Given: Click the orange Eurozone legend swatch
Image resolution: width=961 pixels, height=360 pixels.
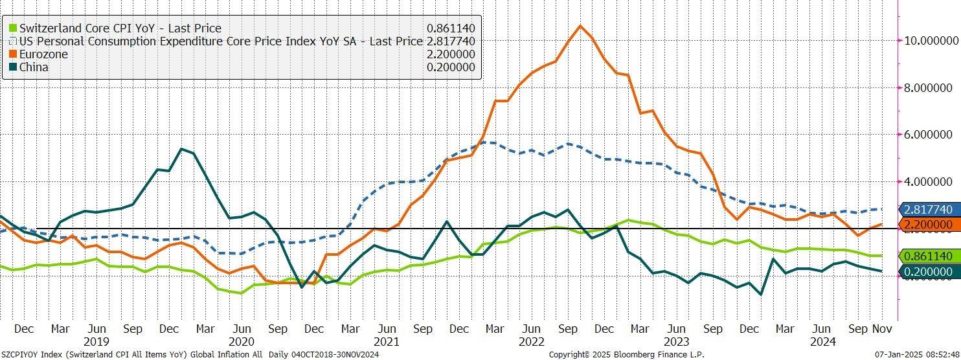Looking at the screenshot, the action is click(13, 54).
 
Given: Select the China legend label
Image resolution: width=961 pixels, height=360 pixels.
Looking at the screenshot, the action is click(34, 67).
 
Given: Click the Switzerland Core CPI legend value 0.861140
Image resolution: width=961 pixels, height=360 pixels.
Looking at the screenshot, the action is click(451, 28).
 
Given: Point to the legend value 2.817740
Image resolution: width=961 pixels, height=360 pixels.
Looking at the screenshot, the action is click(451, 41).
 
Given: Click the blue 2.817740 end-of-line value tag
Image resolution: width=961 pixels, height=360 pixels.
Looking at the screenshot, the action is click(927, 209).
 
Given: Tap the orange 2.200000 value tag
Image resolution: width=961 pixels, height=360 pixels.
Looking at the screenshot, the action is click(927, 225).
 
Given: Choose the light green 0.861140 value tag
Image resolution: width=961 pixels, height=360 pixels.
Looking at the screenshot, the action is click(927, 256).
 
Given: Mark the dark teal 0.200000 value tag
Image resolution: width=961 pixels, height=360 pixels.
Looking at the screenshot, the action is click(927, 271).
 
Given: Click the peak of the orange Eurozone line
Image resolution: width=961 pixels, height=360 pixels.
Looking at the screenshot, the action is click(580, 26).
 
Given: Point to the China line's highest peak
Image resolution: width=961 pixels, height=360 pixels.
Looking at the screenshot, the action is click(181, 149).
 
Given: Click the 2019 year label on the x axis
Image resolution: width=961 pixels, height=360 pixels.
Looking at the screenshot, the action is click(96, 342).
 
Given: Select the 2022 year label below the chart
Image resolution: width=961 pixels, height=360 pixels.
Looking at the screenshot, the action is click(532, 342).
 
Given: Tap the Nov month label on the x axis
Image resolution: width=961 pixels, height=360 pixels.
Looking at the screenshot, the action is click(883, 329).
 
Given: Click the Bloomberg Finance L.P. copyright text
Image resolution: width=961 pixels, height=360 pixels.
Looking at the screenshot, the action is click(626, 355).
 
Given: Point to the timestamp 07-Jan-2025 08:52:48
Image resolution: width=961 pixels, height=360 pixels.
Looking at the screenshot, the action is click(917, 355).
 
